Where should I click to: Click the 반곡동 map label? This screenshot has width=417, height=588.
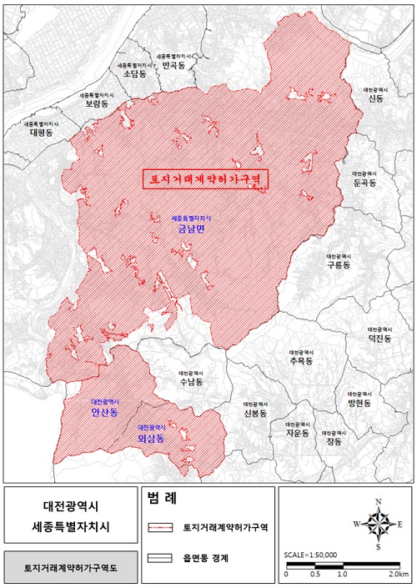175,64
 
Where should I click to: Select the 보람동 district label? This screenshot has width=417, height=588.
98,107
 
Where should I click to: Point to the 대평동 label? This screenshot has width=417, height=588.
40,132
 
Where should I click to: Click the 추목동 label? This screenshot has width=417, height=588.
298,362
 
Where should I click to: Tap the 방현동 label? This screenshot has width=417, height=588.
359,402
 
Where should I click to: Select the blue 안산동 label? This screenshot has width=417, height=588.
105,413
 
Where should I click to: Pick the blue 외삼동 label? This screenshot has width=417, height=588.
151,437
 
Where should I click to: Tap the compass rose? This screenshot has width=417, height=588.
378,524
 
